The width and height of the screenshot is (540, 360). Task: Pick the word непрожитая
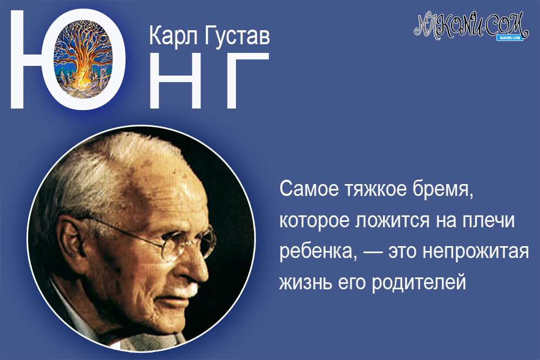pyautogui.click(x=476, y=253)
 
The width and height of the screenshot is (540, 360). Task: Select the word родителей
pyautogui.click(x=418, y=283)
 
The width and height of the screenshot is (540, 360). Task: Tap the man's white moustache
pyautogui.click(x=187, y=291)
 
